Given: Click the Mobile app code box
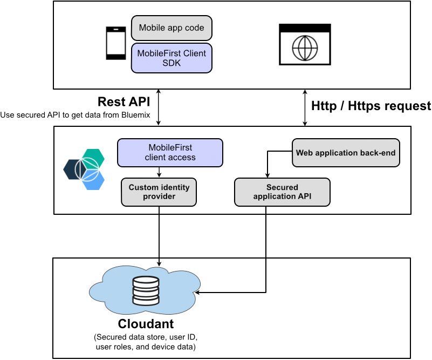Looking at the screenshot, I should click(172, 28).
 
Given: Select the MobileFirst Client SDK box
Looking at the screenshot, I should click(172, 58).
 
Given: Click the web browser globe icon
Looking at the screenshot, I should click(304, 45).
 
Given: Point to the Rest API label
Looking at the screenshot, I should click(124, 102).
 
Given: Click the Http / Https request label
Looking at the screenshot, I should click(371, 106).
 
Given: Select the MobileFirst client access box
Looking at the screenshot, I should click(170, 153).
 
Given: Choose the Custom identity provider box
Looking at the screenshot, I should click(159, 192).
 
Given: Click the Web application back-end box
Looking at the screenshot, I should click(346, 153).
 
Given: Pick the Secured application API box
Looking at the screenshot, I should click(282, 192).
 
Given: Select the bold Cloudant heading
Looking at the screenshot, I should click(146, 324).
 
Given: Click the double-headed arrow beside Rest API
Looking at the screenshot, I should click(159, 107).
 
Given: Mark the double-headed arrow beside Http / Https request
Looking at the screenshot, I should click(305, 107).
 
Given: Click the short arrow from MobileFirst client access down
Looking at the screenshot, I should click(159, 172).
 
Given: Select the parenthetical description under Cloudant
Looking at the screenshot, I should click(146, 342).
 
